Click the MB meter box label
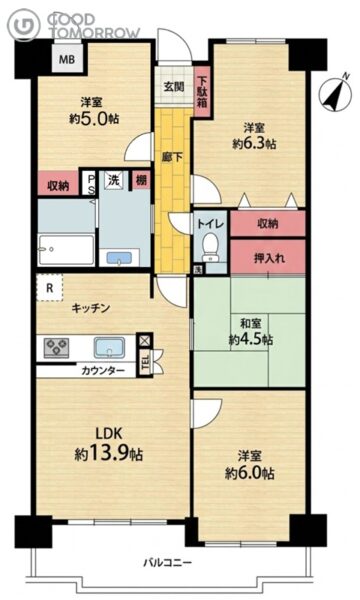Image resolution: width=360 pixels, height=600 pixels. (66, 59)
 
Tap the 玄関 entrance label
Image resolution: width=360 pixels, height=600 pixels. (174, 87)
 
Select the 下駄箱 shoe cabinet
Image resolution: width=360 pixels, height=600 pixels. (201, 92)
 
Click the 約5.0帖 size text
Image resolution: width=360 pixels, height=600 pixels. (94, 119)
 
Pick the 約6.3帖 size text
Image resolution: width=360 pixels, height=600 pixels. (254, 144)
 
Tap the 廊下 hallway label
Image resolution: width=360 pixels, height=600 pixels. (172, 157)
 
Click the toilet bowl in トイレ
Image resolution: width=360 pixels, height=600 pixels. (210, 248)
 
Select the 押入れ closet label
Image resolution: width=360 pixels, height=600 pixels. (269, 258)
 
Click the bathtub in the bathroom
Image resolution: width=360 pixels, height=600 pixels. (66, 250)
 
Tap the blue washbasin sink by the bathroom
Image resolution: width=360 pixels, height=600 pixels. (119, 258)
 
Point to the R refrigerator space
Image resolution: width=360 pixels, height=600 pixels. (49, 288)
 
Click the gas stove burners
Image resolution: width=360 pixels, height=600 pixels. (57, 348)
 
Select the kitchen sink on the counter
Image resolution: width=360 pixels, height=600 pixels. (109, 347)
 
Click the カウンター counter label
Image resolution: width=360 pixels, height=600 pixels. (103, 370)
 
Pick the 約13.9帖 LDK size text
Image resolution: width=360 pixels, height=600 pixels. (109, 454)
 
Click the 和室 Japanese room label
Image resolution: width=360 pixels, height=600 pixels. (251, 324)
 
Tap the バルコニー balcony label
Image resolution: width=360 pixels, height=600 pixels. (168, 562)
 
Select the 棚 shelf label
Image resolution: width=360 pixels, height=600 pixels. (142, 179)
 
